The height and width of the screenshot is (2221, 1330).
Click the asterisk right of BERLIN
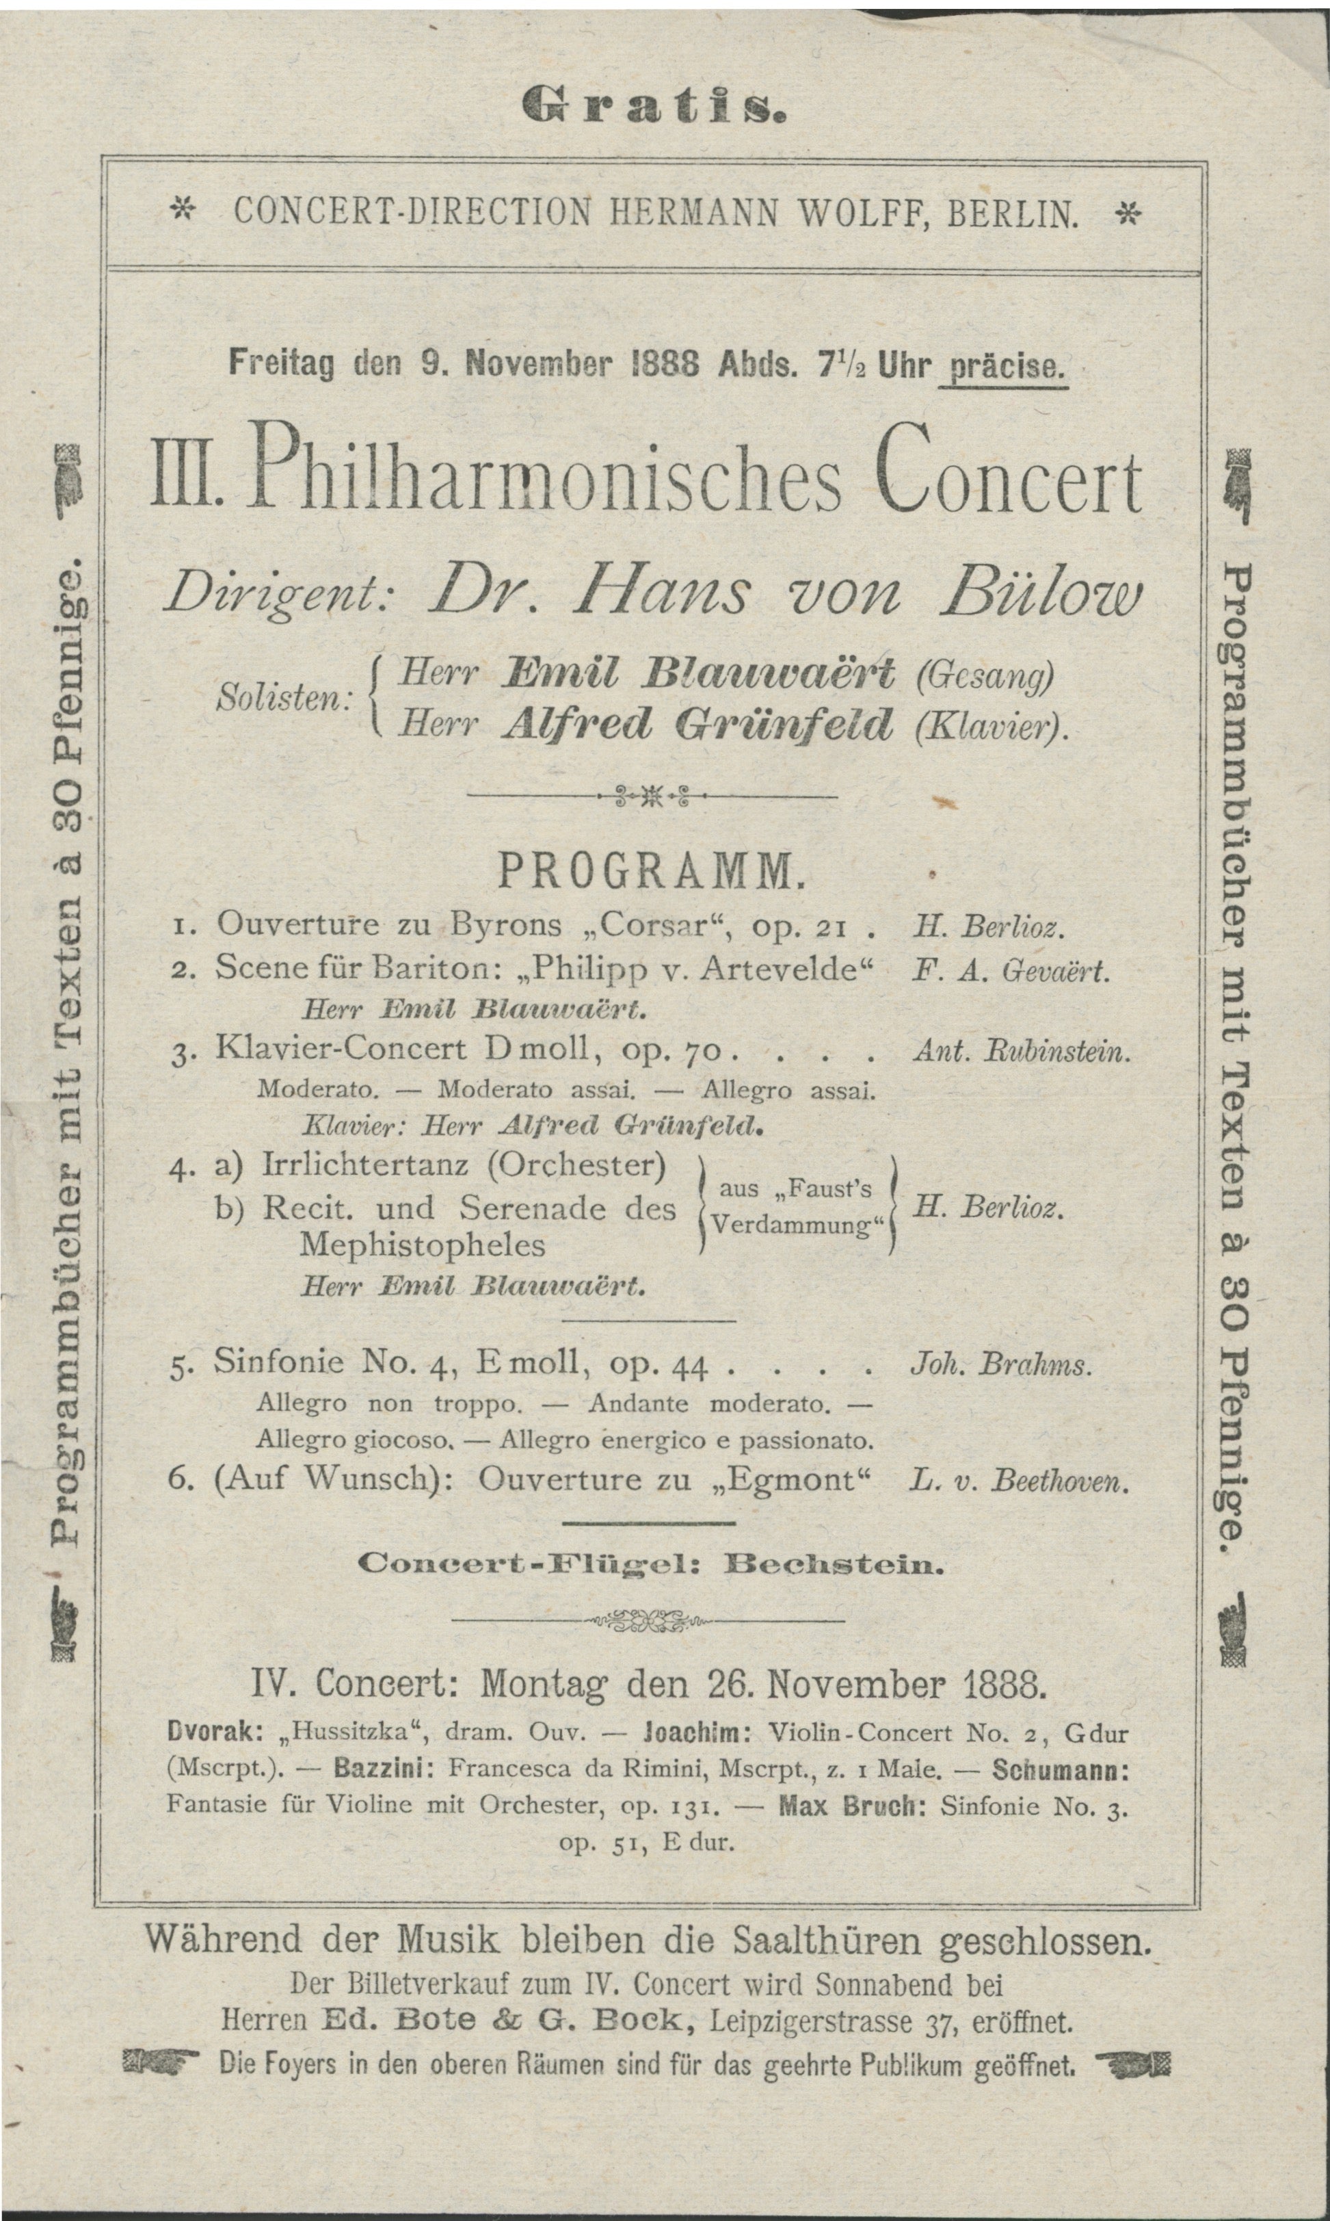pos(1129,213)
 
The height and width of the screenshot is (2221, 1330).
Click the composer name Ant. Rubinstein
pos(1021,1052)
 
